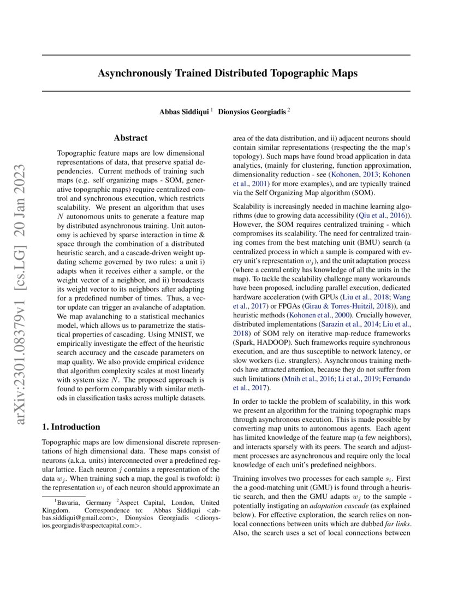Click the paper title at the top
coord(228,73)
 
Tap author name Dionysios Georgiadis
coord(252,111)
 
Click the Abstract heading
coord(130,139)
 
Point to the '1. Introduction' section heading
coord(71,427)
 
